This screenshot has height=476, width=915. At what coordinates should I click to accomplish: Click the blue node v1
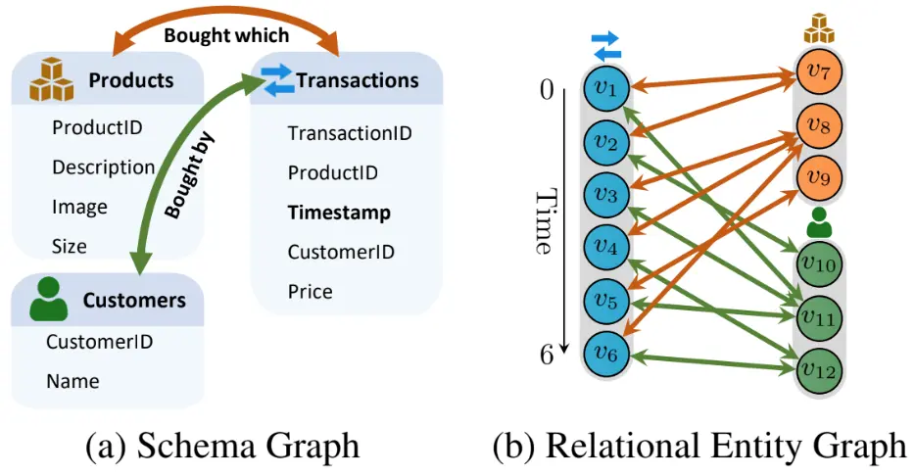[606, 88]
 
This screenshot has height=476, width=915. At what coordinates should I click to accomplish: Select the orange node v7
[819, 71]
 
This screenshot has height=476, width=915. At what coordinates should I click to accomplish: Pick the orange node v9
[819, 177]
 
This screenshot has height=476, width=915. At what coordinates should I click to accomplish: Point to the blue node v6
[606, 354]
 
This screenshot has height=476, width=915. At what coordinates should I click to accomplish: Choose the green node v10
[819, 264]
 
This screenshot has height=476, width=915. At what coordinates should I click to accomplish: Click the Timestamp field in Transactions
[339, 213]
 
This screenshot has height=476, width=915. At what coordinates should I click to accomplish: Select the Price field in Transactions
[310, 291]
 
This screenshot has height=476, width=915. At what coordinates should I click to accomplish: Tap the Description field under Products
[103, 167]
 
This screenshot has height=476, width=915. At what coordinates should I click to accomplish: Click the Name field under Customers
[72, 381]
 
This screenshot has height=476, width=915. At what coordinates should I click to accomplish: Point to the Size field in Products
[69, 246]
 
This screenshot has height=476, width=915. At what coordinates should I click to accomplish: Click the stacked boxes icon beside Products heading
[52, 80]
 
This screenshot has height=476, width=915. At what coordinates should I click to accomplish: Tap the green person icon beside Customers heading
[48, 299]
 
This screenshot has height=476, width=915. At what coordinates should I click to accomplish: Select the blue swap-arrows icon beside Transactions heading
[276, 80]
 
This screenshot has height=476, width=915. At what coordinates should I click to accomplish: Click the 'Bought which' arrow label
[226, 35]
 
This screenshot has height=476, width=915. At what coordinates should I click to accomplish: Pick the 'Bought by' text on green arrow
[188, 175]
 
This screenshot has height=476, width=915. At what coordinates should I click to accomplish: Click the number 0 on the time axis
[547, 90]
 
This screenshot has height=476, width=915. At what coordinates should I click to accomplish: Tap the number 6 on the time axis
[547, 355]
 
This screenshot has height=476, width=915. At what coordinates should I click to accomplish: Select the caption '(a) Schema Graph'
[222, 447]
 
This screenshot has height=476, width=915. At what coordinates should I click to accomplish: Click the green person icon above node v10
[819, 222]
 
